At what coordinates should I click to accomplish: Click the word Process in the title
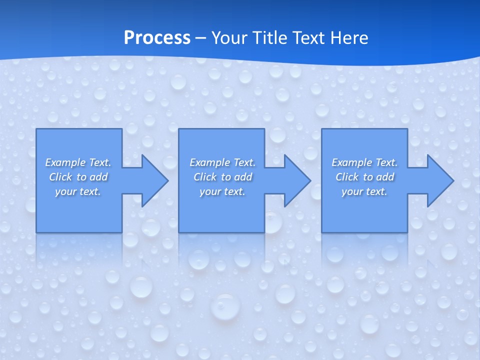[157, 38]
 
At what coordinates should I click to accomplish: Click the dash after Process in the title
[201, 38]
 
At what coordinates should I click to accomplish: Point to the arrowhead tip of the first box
[168, 180]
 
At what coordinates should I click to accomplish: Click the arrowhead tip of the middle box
[310, 180]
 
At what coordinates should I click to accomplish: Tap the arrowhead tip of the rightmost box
[453, 180]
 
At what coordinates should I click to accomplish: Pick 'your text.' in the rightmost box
[364, 191]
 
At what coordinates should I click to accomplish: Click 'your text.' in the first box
[78, 191]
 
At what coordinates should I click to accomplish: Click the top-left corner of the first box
[36, 129]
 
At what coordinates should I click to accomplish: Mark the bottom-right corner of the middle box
[264, 232]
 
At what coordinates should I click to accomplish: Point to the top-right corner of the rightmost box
[407, 129]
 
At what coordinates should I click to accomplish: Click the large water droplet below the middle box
[224, 306]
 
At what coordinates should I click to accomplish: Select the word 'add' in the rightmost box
[385, 177]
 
